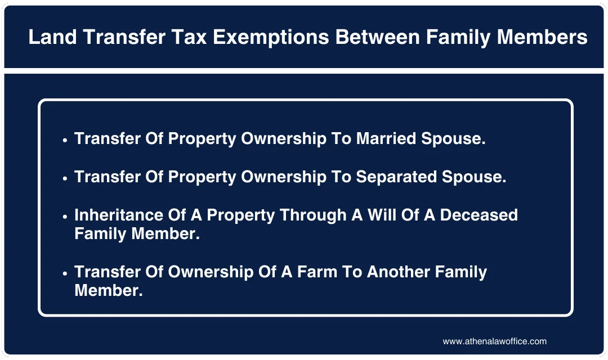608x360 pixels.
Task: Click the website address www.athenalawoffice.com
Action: click(494, 341)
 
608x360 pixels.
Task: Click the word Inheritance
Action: click(118, 215)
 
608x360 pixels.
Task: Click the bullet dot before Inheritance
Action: click(65, 216)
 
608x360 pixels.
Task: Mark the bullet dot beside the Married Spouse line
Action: click(65, 140)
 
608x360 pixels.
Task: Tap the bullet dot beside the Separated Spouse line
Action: click(65, 178)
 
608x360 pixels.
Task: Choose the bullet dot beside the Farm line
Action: click(65, 273)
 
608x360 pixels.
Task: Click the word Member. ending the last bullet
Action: click(109, 290)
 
